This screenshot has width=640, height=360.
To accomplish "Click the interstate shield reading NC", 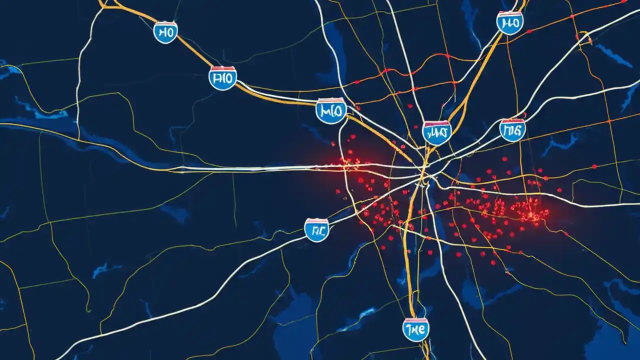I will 317,230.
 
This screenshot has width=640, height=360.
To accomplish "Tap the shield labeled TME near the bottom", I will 415,330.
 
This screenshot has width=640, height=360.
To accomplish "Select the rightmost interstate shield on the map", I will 513,130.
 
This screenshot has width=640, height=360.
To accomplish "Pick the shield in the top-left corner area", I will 165,32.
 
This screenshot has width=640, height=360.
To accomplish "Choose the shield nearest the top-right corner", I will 509,22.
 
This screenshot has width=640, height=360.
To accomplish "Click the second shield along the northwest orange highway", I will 222,78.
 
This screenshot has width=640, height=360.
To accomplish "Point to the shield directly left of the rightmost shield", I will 436,133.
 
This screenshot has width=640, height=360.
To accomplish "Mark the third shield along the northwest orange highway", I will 331,110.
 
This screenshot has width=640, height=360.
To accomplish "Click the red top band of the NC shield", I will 317,220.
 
